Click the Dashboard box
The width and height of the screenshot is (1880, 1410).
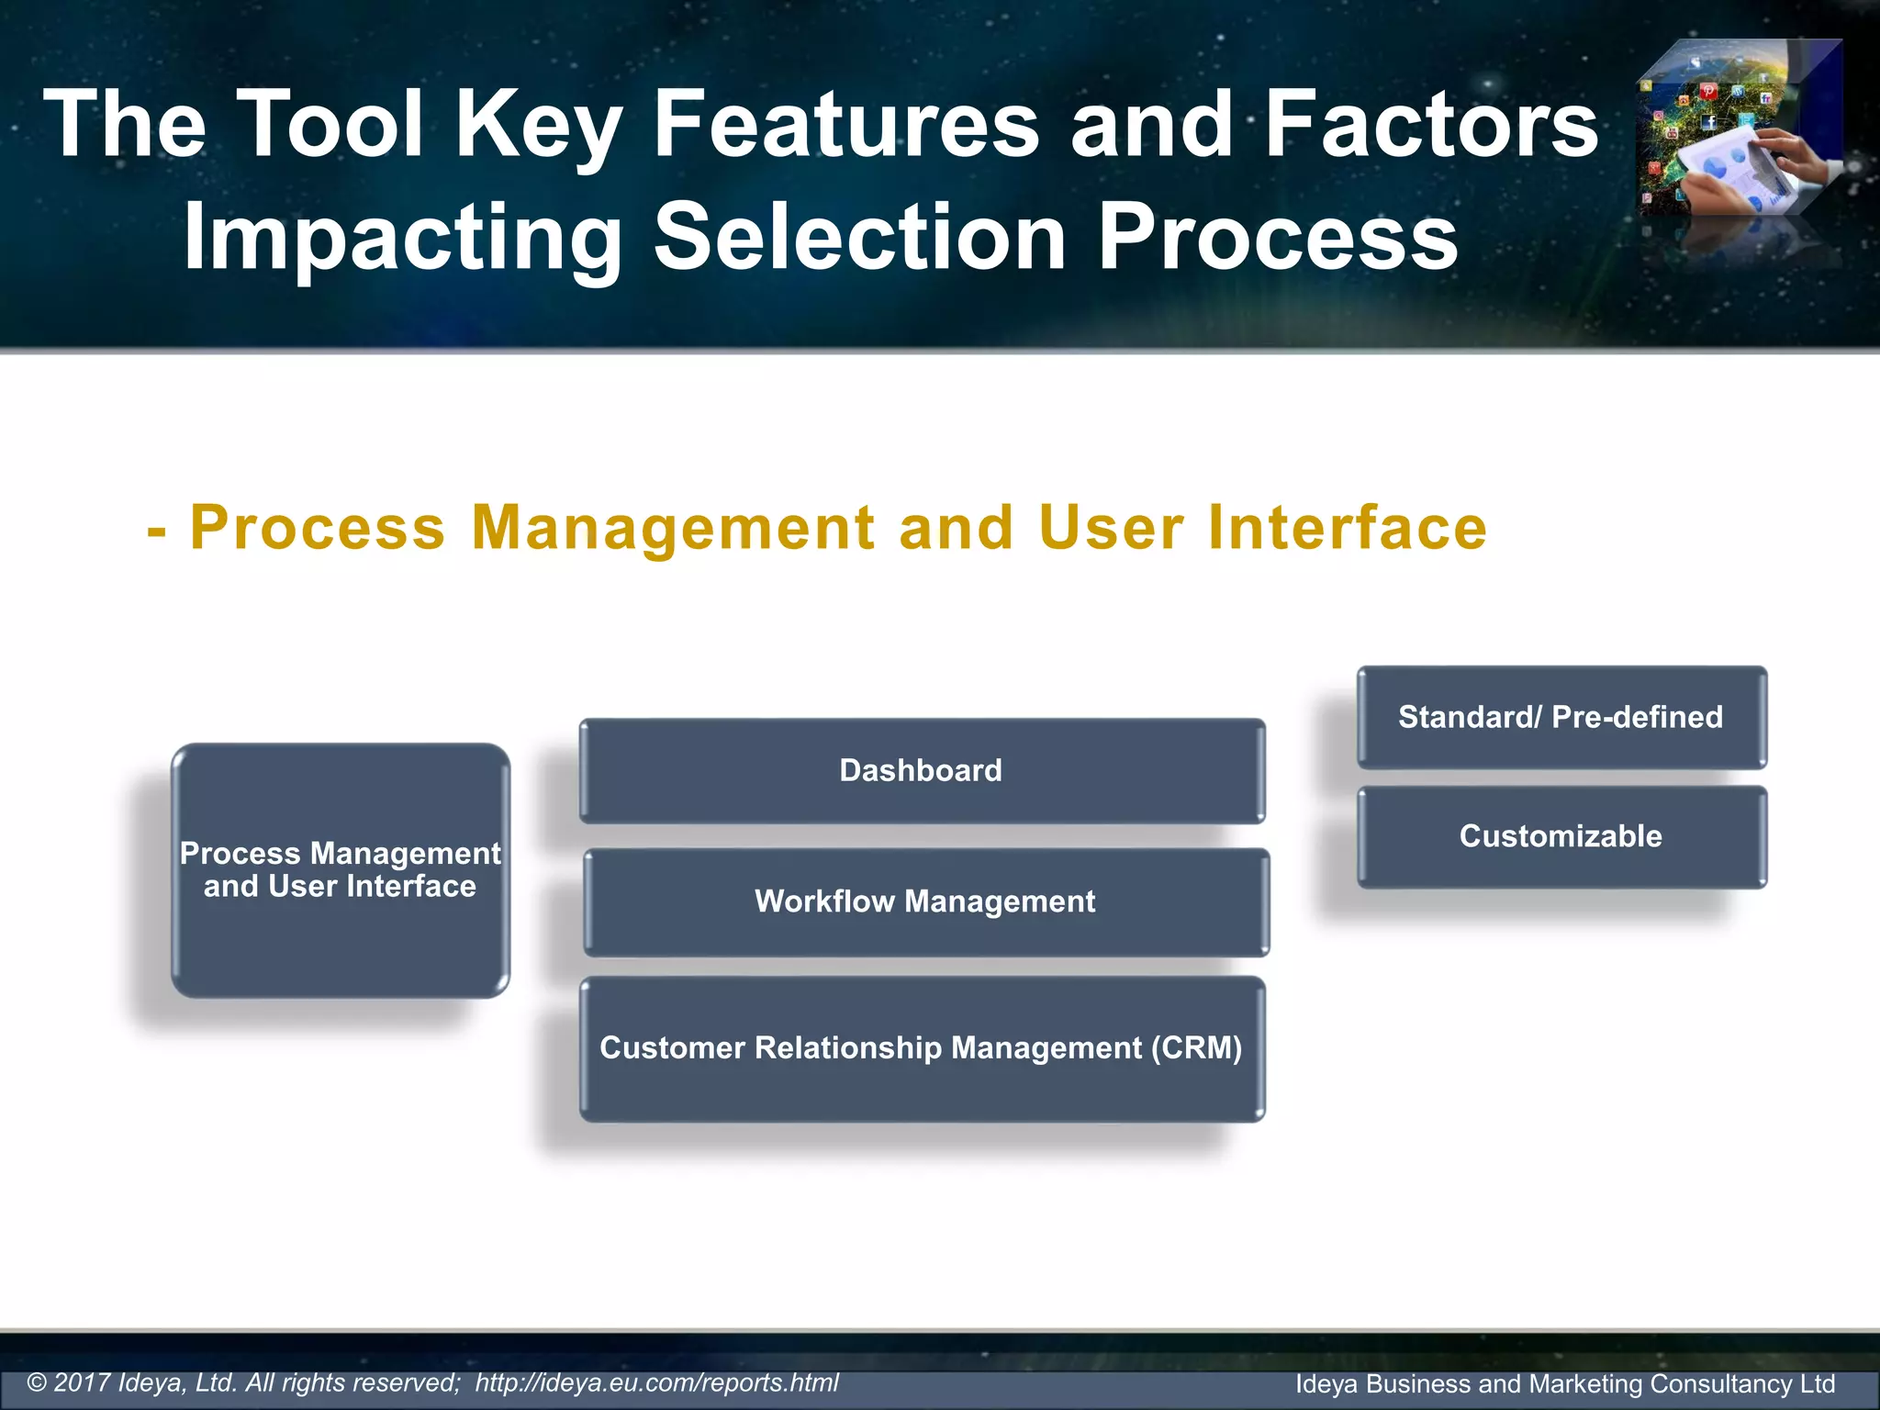(x=922, y=771)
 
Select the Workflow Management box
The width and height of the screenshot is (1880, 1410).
(x=925, y=901)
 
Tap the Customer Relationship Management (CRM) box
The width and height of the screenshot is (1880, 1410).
(x=922, y=1048)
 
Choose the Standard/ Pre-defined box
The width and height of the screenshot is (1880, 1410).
(x=1561, y=717)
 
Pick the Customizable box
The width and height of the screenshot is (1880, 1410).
(x=1561, y=836)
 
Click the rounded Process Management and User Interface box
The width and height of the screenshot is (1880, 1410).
(x=341, y=870)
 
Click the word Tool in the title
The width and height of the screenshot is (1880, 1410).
(x=333, y=124)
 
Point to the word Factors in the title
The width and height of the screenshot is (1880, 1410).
(x=1432, y=124)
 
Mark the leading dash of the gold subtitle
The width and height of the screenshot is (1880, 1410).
(x=157, y=531)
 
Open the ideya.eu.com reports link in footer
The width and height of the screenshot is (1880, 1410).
(x=656, y=1382)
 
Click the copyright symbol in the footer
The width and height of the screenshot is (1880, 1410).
(x=37, y=1383)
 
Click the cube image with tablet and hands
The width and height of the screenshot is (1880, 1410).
(x=1738, y=129)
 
